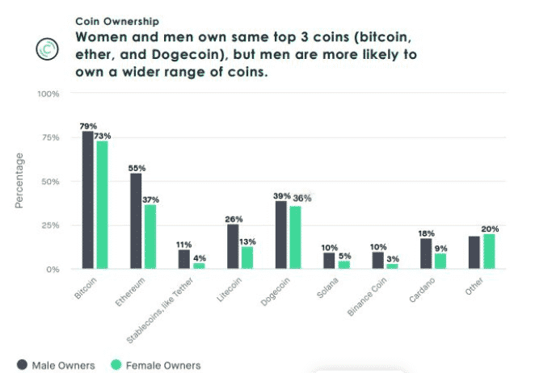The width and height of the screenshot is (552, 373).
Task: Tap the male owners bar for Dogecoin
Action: click(281, 234)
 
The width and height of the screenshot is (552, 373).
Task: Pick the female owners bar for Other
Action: click(488, 251)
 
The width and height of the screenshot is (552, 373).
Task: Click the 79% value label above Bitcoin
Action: click(87, 126)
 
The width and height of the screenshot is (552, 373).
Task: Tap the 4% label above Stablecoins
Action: click(200, 258)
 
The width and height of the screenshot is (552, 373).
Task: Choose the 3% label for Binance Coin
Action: click(393, 258)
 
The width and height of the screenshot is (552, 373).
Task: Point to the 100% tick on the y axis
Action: click(48, 94)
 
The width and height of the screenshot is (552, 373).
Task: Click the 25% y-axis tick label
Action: click(51, 225)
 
